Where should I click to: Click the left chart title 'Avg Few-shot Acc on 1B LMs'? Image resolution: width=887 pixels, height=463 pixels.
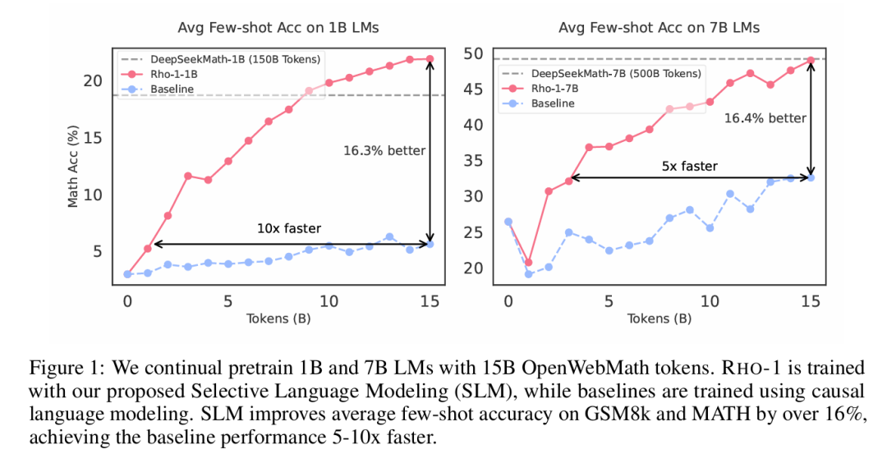click(x=278, y=28)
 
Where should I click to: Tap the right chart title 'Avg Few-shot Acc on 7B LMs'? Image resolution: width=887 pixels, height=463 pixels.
click(x=659, y=28)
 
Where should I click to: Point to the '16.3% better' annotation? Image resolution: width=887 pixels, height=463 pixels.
click(x=384, y=150)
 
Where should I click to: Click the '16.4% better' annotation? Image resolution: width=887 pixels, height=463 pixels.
click(x=765, y=118)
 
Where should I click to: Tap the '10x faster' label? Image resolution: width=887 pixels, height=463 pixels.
click(x=289, y=228)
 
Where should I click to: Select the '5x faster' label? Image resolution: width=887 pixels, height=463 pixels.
click(x=689, y=166)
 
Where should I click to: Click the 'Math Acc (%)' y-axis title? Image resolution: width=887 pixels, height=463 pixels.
click(x=73, y=167)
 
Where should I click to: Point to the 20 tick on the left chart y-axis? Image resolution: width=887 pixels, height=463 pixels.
click(x=93, y=81)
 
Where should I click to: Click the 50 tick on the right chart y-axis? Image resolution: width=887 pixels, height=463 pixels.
click(x=475, y=54)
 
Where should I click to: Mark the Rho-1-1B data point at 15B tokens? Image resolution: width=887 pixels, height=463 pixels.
click(x=430, y=59)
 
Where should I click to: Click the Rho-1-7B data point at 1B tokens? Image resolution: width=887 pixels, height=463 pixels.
click(x=528, y=263)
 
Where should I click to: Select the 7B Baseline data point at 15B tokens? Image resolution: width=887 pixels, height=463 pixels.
click(x=811, y=177)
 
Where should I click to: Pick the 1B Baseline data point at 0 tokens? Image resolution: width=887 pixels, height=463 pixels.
click(x=127, y=274)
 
